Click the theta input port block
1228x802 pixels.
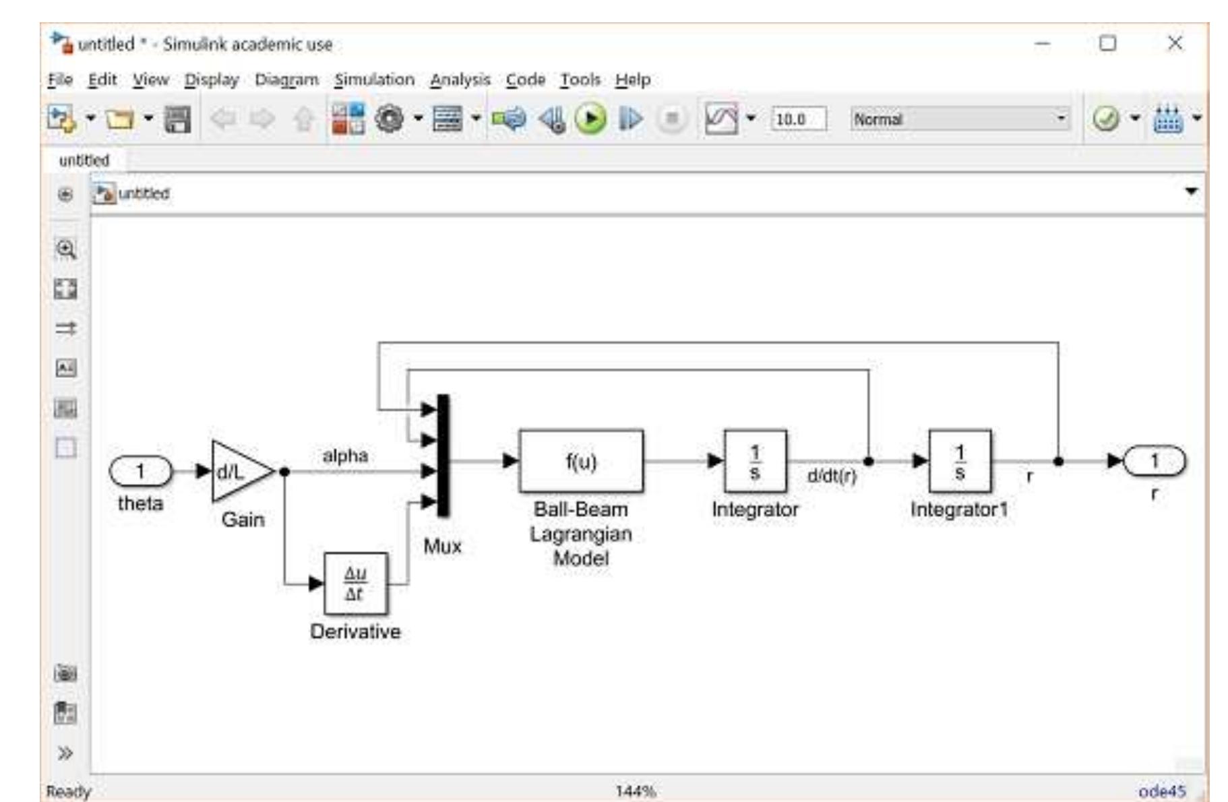coord(140,470)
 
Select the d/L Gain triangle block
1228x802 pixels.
coord(237,471)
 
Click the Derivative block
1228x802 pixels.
coord(355,584)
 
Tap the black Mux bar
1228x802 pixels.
coord(443,456)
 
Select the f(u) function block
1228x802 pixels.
coord(580,462)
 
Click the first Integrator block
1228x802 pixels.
coord(755,462)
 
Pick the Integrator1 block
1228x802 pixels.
coord(960,462)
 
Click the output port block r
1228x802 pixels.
coord(1154,462)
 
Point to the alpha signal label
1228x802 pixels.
coord(345,456)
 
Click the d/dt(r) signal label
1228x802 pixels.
coord(832,476)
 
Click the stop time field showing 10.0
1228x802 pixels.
coord(797,119)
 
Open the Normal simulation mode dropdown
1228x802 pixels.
coord(959,119)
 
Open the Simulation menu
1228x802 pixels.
coord(374,80)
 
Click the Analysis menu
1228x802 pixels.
coord(460,80)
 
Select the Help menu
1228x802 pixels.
coord(632,80)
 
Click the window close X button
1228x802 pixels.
coord(1175,43)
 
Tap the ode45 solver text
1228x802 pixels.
coord(1161,791)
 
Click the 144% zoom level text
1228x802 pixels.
coord(635,791)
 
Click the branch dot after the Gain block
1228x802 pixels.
coord(284,471)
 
